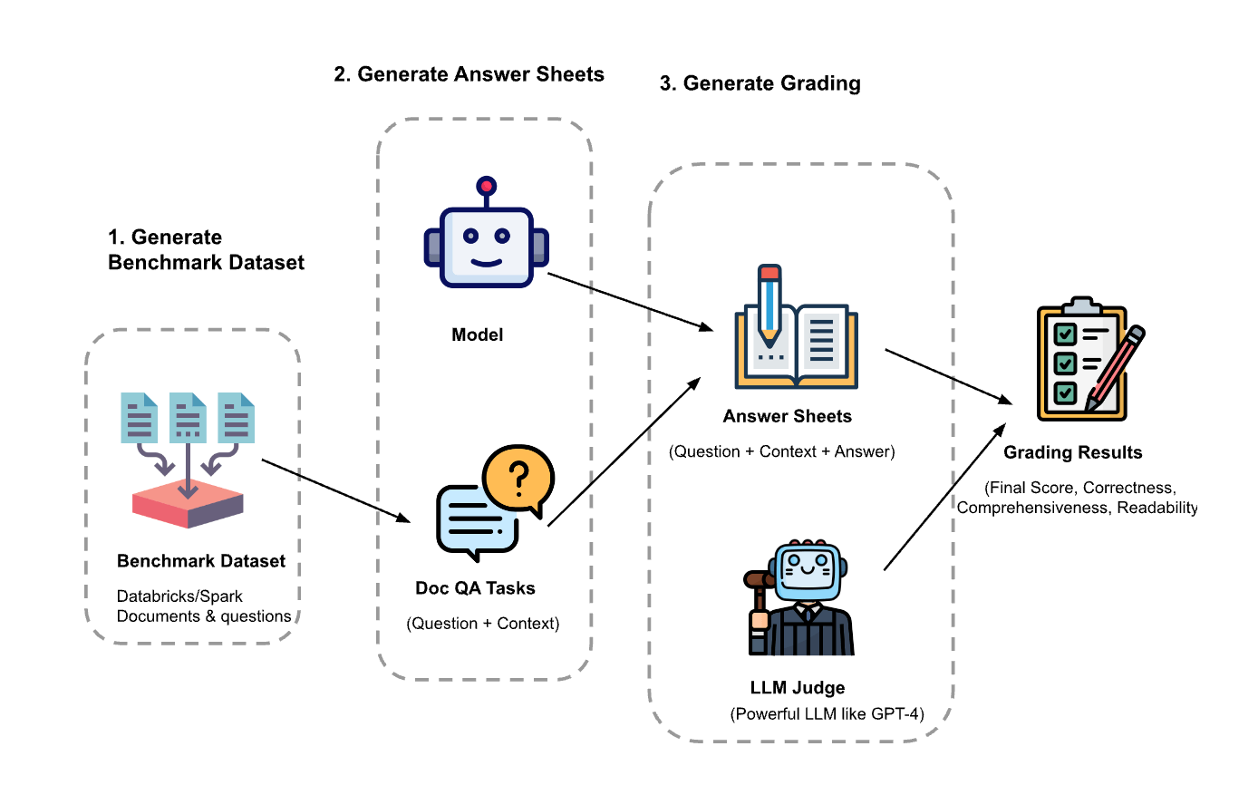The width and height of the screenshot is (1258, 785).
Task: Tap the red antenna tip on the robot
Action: tap(487, 187)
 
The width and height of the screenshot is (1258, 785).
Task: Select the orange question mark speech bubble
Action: tap(518, 478)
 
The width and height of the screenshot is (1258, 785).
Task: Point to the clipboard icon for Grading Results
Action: tap(1080, 360)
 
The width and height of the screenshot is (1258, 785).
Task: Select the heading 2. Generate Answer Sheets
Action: tap(469, 74)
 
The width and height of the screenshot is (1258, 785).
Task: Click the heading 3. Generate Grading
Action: tap(760, 83)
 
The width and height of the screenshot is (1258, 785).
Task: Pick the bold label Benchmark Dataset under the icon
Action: tap(201, 561)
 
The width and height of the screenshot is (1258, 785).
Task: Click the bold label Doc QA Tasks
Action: tap(475, 588)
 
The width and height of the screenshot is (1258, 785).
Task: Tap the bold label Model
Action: tap(477, 335)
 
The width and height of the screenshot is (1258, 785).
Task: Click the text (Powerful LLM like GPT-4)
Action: tap(826, 714)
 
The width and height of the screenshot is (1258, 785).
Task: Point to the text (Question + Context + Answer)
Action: tap(782, 451)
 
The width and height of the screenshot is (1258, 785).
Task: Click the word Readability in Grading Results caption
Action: tap(1157, 508)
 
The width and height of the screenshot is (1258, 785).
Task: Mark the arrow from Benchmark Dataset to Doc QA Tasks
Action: tap(335, 490)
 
